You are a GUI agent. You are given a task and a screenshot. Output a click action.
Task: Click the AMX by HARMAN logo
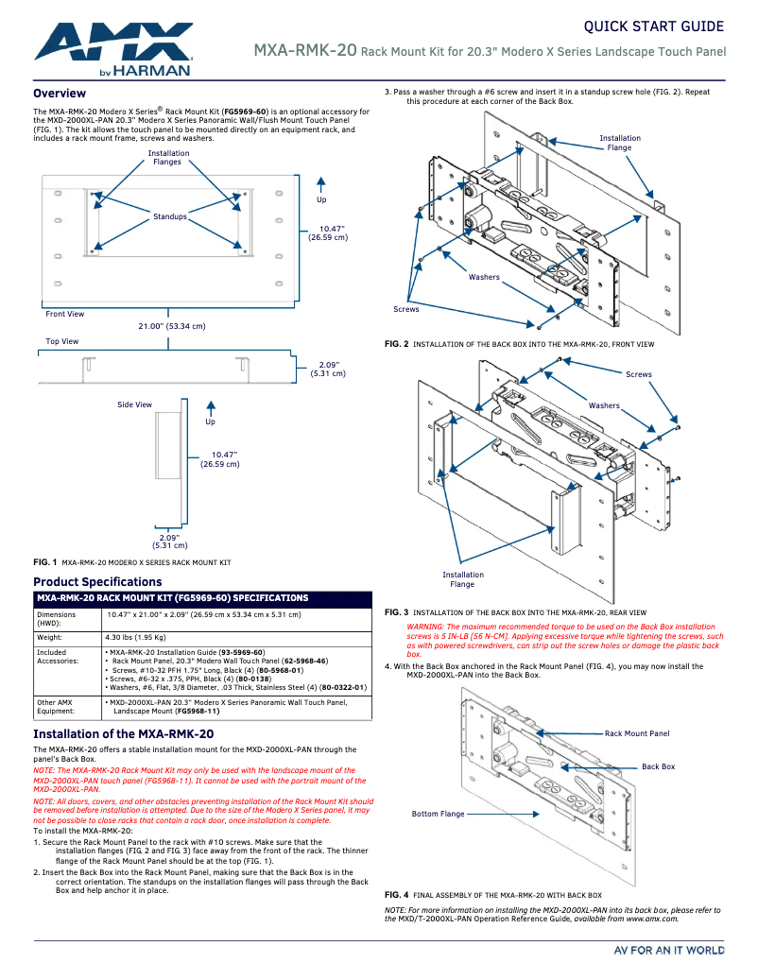point(113,47)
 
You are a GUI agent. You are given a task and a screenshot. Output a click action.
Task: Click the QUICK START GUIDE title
point(653,26)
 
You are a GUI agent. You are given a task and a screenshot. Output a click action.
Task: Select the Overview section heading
point(60,94)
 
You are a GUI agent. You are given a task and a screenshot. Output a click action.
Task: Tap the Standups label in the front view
point(170,217)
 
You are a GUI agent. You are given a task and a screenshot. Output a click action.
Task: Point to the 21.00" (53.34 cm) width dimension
point(172,326)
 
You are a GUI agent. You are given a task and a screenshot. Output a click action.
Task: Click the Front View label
point(64,314)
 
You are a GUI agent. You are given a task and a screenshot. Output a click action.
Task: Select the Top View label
point(62,341)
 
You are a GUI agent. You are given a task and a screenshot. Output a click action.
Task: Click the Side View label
point(134,404)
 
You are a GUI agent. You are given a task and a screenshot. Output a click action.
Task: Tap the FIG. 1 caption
point(45,562)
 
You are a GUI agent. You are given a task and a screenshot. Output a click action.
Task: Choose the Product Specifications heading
point(97,582)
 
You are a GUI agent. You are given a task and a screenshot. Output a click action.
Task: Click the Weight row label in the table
point(49,637)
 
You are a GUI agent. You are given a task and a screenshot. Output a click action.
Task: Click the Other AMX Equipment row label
point(55,707)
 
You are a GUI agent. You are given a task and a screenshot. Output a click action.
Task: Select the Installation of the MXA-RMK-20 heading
point(123,734)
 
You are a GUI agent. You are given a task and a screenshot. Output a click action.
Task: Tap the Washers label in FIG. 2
point(484,277)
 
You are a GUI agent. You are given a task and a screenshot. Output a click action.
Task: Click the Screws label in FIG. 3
point(639,374)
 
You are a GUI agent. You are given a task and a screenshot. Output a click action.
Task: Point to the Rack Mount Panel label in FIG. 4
point(637,733)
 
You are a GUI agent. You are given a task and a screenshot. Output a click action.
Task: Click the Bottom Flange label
point(438,814)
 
